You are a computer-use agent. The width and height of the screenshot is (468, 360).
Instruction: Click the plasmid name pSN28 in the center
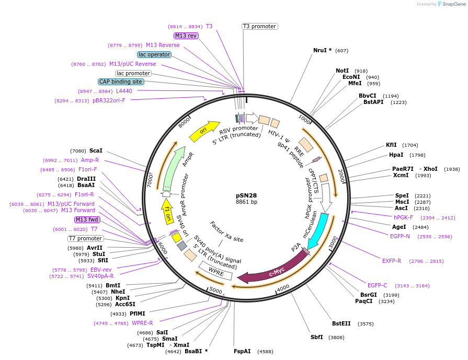point(246,195)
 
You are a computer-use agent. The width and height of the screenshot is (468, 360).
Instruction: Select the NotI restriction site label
point(342,71)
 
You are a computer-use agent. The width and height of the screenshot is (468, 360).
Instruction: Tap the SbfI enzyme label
point(317,337)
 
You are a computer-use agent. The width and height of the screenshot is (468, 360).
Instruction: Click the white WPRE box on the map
point(215,271)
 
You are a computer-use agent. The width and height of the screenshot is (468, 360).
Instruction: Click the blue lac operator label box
point(154,54)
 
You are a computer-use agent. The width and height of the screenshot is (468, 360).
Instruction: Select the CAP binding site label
point(120,82)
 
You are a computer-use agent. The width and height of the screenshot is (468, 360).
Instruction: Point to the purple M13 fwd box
point(87,219)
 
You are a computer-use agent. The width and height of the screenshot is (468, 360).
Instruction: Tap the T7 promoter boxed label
point(85,238)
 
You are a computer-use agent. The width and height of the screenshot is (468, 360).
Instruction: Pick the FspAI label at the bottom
point(242,351)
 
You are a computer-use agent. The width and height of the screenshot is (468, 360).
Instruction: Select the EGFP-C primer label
point(377,285)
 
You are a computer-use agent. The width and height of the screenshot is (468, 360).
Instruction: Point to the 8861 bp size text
point(246,202)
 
